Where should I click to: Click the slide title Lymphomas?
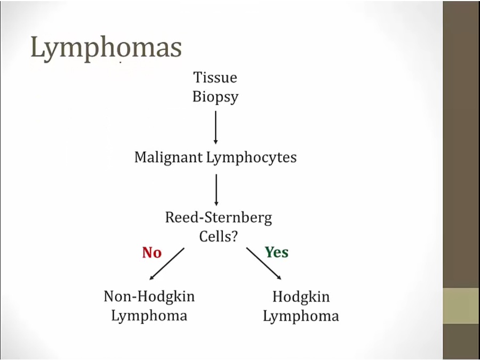106,48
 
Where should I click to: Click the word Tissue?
215,77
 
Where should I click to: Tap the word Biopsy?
215,98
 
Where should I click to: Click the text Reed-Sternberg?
219,218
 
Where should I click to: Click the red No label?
151,252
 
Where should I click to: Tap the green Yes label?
277,252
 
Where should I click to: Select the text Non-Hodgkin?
149,296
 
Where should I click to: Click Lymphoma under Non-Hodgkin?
149,315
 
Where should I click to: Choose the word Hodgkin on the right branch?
301,297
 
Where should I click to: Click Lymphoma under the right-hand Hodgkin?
301,316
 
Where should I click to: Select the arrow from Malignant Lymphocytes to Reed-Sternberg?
216,189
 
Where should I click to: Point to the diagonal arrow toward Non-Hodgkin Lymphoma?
167,263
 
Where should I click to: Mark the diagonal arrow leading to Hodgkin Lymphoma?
264,263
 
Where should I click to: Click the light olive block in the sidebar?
461,306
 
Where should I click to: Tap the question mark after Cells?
234,236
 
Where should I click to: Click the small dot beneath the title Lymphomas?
121,62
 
